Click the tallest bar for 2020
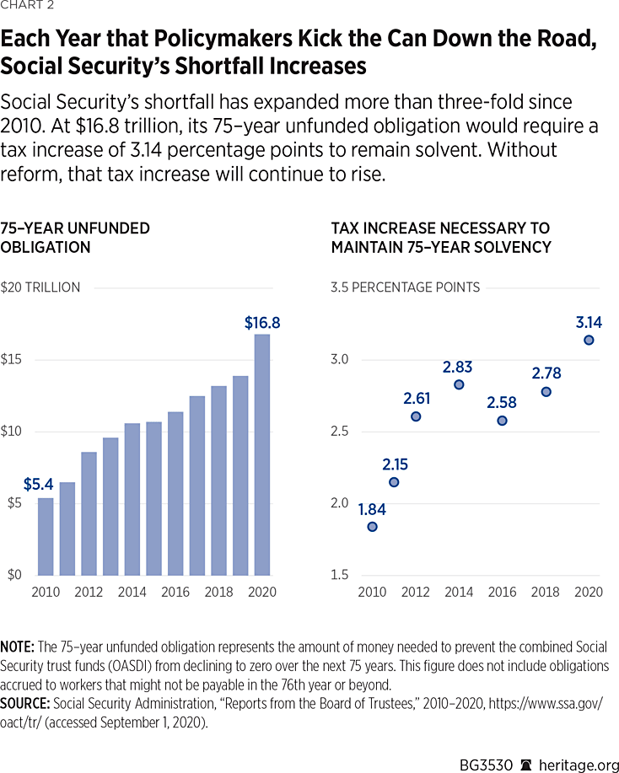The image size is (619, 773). pyautogui.click(x=261, y=454)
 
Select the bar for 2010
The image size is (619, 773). pyautogui.click(x=46, y=536)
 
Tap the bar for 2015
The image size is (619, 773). pyautogui.click(x=153, y=498)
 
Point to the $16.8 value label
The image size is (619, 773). pyautogui.click(x=261, y=322)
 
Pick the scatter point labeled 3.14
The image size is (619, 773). pyautogui.click(x=589, y=340)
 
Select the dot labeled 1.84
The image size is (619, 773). pyautogui.click(x=372, y=527)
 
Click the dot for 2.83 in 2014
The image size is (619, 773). pyautogui.click(x=459, y=384)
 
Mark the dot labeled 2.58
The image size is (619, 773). pyautogui.click(x=502, y=421)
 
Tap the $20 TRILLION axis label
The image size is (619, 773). pyautogui.click(x=40, y=287)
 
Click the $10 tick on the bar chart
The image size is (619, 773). pyautogui.click(x=12, y=432)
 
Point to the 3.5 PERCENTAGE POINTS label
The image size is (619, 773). pyautogui.click(x=406, y=287)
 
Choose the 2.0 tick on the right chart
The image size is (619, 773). pyautogui.click(x=340, y=503)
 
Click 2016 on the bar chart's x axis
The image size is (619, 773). pyautogui.click(x=175, y=592)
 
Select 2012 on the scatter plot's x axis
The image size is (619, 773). pyautogui.click(x=415, y=592)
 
